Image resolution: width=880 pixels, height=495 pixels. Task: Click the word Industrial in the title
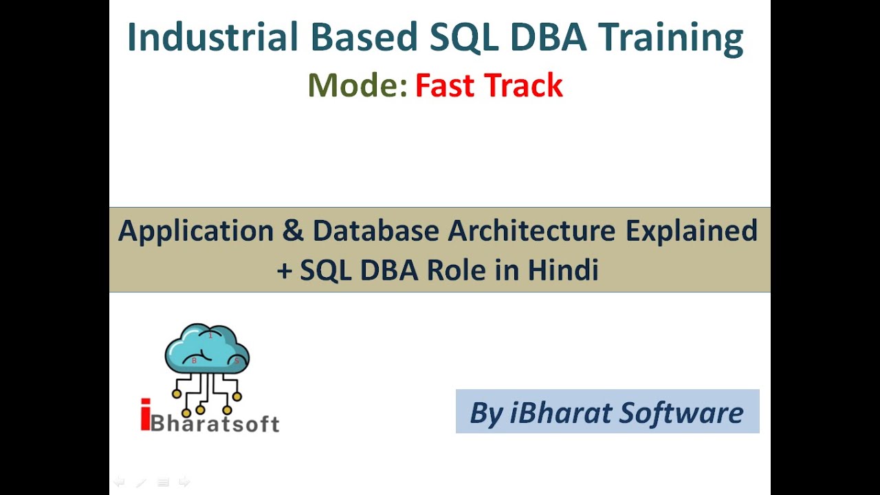212,36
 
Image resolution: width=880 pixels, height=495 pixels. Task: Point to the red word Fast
445,85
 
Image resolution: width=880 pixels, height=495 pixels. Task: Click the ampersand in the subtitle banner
293,230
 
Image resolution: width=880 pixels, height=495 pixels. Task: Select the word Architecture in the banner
531,230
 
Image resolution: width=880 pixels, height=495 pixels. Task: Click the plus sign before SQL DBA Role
285,271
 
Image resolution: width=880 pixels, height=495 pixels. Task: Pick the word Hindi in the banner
563,270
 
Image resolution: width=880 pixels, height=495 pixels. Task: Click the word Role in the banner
456,270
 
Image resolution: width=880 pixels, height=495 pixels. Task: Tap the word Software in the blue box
681,413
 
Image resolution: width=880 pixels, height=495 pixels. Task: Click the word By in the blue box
487,414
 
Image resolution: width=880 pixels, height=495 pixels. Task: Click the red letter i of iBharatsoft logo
145,415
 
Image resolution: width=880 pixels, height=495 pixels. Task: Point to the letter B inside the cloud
194,360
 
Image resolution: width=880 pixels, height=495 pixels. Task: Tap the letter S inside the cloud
236,361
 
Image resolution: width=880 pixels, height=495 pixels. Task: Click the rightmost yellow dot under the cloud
237,397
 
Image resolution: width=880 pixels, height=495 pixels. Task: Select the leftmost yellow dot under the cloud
177,393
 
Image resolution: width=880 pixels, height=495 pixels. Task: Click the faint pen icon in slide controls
142,482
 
